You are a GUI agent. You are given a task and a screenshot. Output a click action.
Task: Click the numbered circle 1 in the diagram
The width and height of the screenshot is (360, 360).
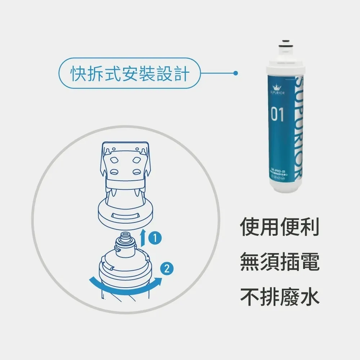pos(154,238)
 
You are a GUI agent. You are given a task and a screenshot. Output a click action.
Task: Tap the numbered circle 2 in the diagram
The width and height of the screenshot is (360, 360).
pos(166,268)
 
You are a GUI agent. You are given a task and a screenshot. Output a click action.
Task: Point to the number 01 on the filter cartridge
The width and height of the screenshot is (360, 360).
pos(277,115)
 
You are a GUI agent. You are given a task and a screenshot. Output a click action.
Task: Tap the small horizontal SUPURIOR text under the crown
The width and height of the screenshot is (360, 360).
pos(277,93)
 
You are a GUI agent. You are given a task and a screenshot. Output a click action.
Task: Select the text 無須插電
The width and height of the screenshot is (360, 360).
pos(280,263)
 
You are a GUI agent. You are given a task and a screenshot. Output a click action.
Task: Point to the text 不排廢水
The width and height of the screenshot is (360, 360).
pos(280,297)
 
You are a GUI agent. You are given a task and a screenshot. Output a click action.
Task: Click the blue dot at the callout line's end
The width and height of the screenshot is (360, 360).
pos(235,73)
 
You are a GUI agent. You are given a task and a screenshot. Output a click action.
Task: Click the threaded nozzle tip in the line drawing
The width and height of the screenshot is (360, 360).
pos(126,236)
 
